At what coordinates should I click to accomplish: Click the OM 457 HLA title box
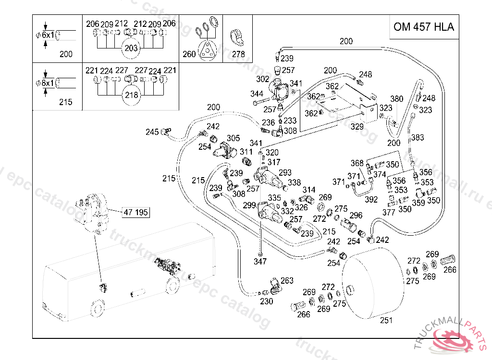point(423,27)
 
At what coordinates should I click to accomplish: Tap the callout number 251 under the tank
point(386,320)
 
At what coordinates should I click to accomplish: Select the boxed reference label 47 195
point(136,212)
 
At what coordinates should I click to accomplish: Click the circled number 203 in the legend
point(131,48)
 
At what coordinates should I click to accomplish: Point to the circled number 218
point(131,95)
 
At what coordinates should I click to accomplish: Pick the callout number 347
point(260,262)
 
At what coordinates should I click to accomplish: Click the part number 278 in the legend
point(238,54)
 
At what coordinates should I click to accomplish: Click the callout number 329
point(357,126)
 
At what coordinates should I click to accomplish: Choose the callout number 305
point(233,138)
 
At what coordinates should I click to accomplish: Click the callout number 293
point(285,172)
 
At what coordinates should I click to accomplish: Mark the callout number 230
point(266,301)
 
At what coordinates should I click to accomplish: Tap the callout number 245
point(152,132)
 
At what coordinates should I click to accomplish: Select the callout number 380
point(397,99)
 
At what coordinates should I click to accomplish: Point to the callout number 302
point(263,79)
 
